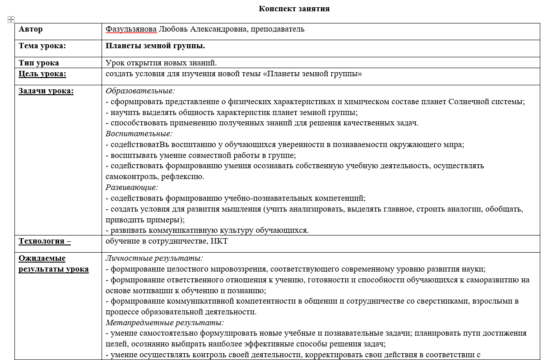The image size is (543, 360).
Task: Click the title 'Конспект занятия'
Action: point(294,9)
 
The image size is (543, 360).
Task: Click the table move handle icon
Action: point(11,19)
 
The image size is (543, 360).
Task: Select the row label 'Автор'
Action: point(31,29)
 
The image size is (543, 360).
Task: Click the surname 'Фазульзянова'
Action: point(131,29)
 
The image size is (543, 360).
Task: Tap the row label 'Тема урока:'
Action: point(42,46)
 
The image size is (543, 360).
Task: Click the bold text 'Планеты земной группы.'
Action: point(155,46)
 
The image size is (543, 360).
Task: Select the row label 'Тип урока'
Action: point(39,63)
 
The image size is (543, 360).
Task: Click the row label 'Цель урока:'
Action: point(42,74)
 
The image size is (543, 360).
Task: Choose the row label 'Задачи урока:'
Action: point(46,91)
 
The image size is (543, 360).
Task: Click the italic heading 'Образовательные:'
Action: point(140,91)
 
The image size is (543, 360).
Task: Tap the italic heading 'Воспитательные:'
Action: point(139,134)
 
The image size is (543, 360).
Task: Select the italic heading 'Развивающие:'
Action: point(132,187)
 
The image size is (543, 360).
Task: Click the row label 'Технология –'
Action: point(45,241)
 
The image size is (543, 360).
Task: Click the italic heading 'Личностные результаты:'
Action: point(154,258)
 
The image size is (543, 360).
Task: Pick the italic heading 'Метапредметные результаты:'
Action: point(165,323)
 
